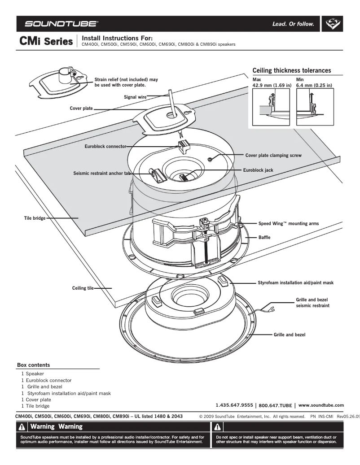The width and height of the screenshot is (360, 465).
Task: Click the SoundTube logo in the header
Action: point(62,23)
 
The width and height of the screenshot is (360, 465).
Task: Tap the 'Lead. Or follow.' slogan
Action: point(293,24)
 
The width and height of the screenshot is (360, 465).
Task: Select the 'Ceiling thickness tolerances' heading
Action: point(292,70)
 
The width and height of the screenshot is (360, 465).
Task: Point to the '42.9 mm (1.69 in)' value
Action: point(272,85)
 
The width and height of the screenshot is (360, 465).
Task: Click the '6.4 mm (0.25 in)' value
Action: point(314,85)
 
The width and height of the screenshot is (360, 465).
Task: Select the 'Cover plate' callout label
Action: point(81,108)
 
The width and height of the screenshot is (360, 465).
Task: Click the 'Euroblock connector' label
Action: point(105,146)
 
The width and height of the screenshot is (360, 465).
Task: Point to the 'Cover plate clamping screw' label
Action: point(273,155)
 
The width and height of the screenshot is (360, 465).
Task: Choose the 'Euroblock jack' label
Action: point(258,170)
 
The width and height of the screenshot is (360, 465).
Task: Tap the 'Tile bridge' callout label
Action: point(34,218)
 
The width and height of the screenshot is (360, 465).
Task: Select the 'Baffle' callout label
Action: point(264,237)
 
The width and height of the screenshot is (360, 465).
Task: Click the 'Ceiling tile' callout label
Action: point(83,288)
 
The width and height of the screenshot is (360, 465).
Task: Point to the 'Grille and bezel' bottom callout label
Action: point(290,335)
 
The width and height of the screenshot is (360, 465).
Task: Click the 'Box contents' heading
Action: point(33,365)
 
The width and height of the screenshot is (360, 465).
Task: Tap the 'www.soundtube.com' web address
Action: point(321,405)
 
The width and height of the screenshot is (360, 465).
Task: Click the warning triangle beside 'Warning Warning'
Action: point(22,427)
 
